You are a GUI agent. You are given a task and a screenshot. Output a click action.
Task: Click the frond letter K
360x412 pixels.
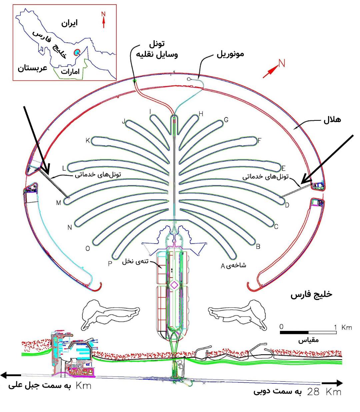pos(88,140)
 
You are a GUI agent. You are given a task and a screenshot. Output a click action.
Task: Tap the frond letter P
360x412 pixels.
pos(110,264)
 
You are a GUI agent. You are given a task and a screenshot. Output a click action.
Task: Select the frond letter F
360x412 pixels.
pos(260,140)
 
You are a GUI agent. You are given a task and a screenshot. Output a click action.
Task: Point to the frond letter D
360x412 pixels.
pos(287,205)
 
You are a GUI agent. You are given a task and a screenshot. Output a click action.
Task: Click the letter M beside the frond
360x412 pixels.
pos(59,203)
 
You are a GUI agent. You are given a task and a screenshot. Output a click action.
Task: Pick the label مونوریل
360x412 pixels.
pos(230,54)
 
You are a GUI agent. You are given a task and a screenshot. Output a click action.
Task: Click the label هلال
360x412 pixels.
pos(332,120)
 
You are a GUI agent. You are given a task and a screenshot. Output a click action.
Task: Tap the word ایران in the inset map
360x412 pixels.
pos(69,23)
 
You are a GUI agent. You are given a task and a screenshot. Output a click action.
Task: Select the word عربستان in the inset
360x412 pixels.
pos(32,68)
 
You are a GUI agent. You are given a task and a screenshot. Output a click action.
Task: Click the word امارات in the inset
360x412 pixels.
pos(70,71)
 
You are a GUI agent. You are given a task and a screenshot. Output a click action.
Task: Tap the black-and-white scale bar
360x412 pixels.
pos(308,332)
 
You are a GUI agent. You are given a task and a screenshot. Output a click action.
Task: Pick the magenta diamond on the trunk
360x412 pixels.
pos(174,285)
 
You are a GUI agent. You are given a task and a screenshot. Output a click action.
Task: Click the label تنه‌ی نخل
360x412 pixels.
pos(135,261)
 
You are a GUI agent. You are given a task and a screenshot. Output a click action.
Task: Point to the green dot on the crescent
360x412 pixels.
pos(135,80)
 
